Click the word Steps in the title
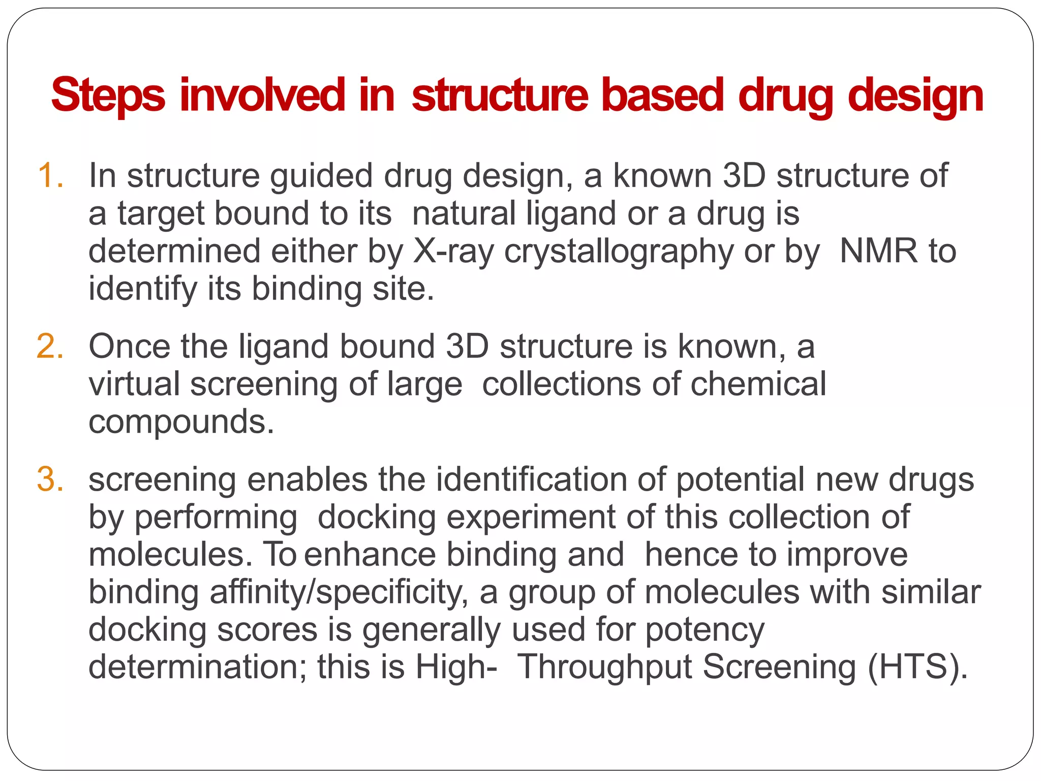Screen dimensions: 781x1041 [x=108, y=95]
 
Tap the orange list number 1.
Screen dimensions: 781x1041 [x=50, y=175]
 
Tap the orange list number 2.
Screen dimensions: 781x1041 [x=50, y=347]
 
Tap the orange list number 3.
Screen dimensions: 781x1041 [x=50, y=479]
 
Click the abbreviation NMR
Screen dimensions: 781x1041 [x=879, y=251]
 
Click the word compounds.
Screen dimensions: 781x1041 [x=181, y=423]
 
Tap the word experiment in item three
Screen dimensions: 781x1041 [x=531, y=518]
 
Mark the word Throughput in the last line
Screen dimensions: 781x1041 [x=605, y=667]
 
